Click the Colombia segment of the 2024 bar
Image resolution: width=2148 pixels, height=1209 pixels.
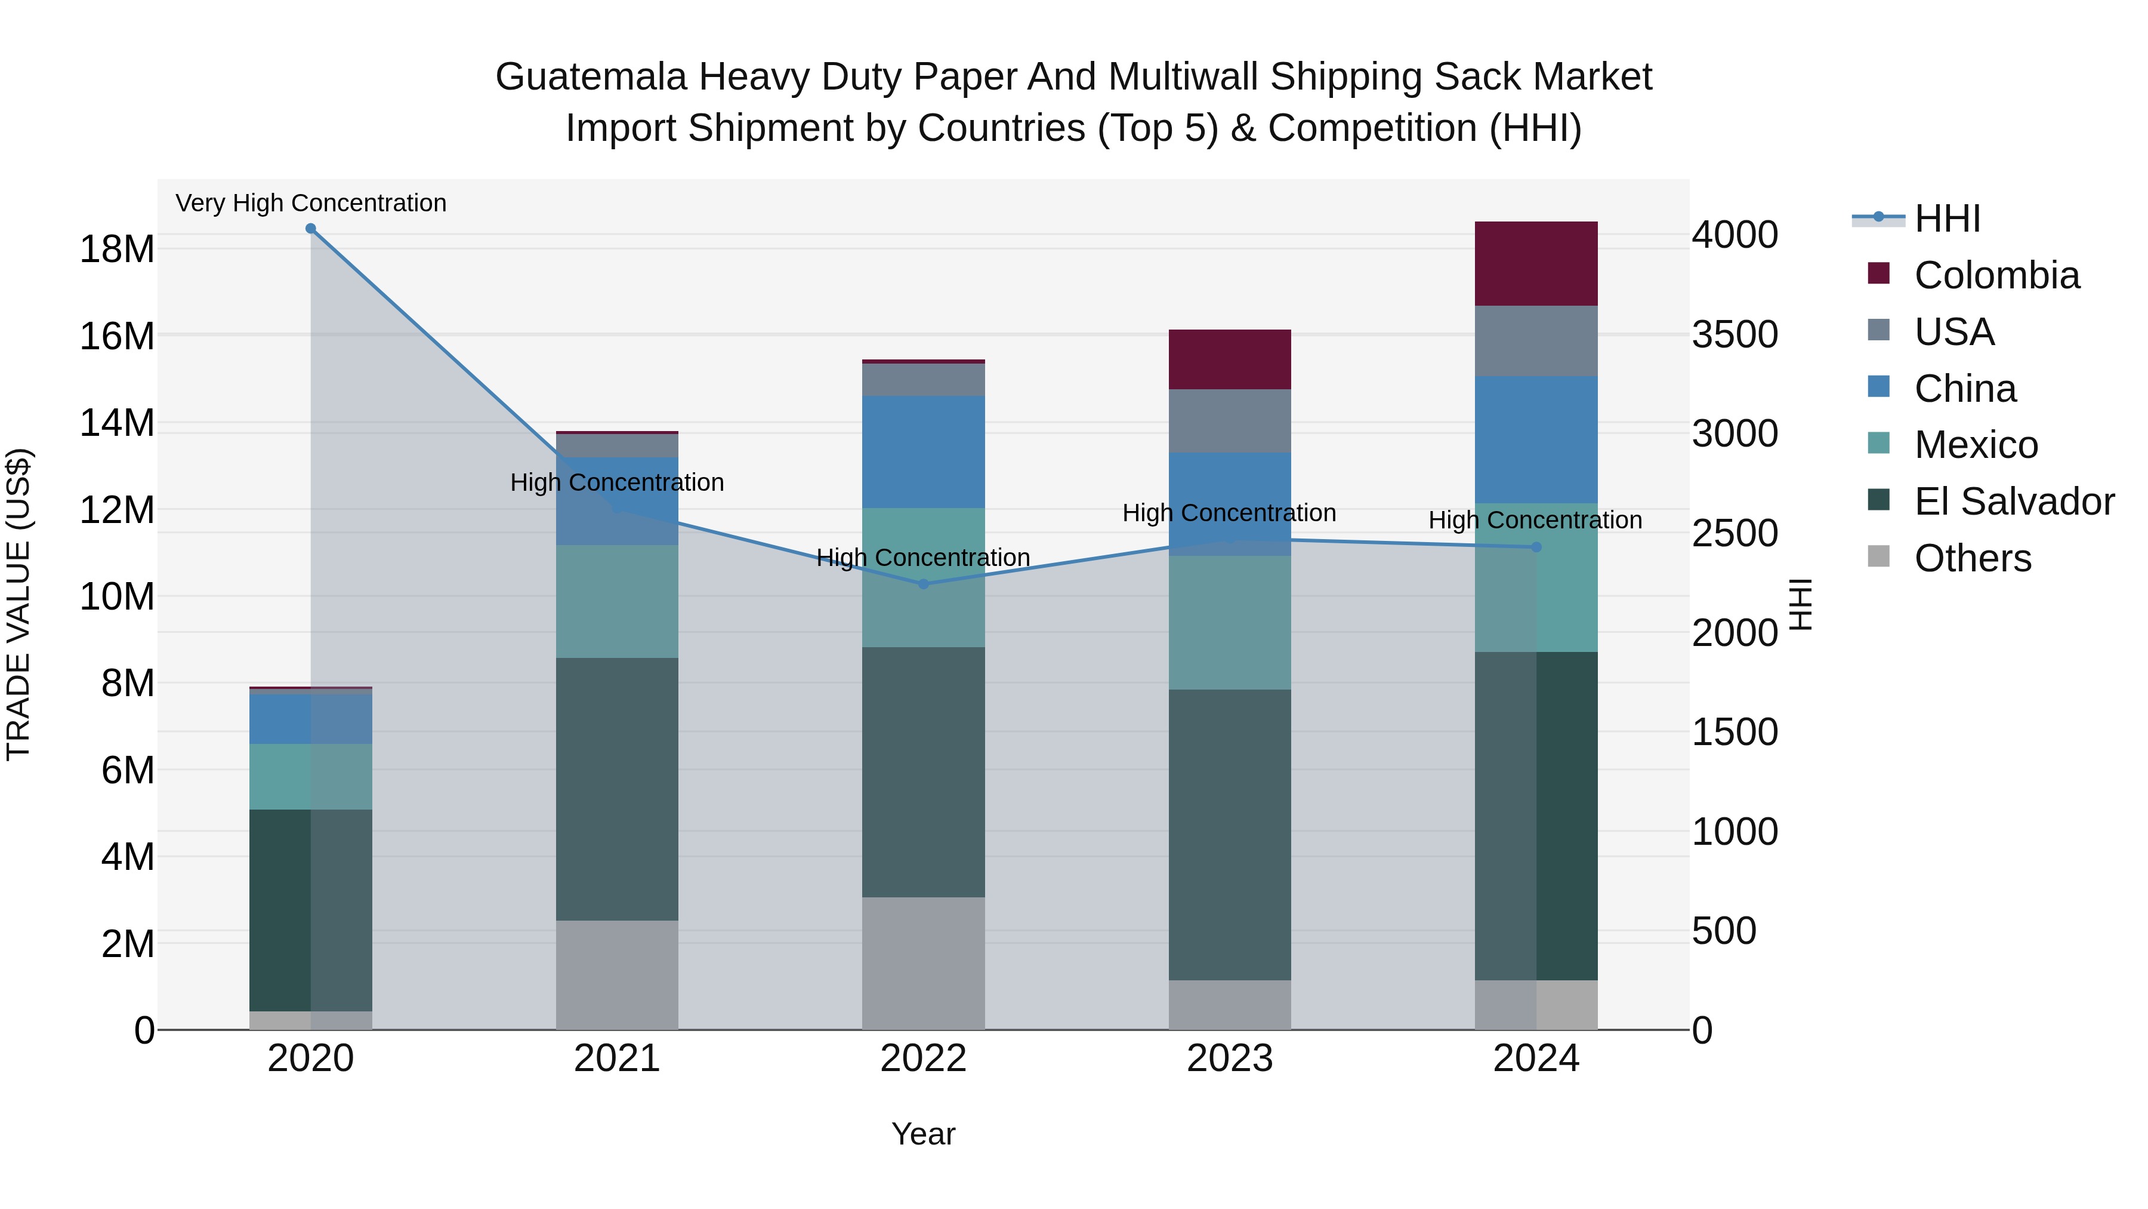tap(1536, 264)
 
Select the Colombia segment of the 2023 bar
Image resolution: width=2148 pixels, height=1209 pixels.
tap(1229, 359)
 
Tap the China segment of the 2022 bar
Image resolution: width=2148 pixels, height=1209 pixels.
tap(923, 451)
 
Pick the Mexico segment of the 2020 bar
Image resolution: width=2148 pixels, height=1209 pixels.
tap(310, 776)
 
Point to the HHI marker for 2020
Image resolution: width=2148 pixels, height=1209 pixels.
tap(310, 229)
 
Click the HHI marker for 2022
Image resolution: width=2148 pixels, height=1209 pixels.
tap(923, 584)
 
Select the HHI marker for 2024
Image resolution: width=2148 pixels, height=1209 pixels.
tap(1536, 547)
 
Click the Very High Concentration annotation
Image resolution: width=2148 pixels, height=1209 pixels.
tap(311, 204)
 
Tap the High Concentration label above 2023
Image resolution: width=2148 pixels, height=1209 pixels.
tap(1229, 513)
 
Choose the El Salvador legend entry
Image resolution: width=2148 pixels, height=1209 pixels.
tap(2014, 502)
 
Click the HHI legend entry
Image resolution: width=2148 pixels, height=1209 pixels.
tap(1947, 219)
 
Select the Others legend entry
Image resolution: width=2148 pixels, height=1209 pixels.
tap(1972, 558)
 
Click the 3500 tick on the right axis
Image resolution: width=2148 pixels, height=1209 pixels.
tap(1735, 334)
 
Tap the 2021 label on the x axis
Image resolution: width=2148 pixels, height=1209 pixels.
tap(617, 1059)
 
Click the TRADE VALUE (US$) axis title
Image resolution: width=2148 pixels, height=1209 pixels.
tap(18, 604)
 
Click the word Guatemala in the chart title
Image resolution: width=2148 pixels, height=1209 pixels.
tap(591, 77)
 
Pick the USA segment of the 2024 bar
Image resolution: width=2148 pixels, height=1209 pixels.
tap(1536, 342)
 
